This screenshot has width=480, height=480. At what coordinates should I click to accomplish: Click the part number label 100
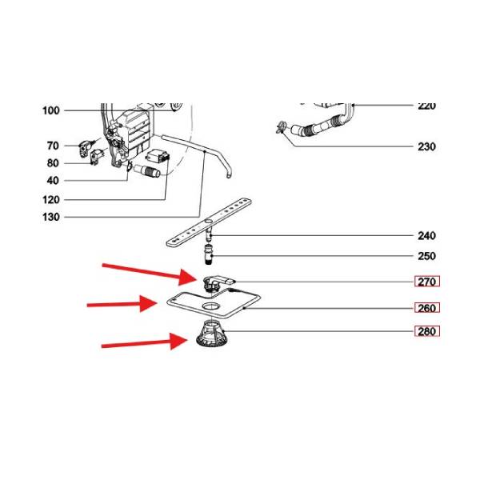click(x=50, y=110)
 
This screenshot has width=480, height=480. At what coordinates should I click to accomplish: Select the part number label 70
click(x=53, y=146)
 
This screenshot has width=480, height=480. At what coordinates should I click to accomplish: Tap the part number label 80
click(x=53, y=163)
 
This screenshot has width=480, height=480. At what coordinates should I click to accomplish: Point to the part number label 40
click(x=53, y=181)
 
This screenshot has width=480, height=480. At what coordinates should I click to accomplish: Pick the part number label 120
click(x=50, y=199)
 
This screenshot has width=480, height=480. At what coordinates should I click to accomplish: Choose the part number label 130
click(x=50, y=218)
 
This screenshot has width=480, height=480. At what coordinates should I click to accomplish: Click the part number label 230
click(x=426, y=146)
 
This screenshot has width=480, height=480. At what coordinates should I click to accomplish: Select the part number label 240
click(x=426, y=236)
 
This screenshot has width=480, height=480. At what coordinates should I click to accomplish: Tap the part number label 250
click(x=426, y=256)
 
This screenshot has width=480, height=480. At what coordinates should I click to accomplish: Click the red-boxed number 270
click(x=427, y=282)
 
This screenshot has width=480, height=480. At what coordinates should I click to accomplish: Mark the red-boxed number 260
click(x=427, y=308)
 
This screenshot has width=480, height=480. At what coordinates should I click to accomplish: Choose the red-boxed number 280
click(x=427, y=331)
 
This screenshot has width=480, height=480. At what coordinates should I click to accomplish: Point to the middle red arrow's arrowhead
click(x=158, y=303)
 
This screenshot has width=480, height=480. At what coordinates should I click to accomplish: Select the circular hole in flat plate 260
click(x=211, y=307)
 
